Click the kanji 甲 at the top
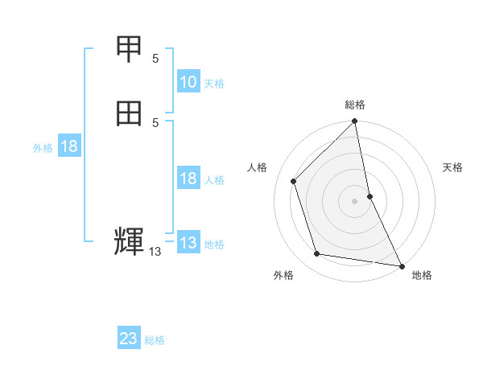pyautogui.click(x=129, y=49)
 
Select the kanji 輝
pyautogui.click(x=129, y=242)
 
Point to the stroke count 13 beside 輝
pyautogui.click(x=155, y=253)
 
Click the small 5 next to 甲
pyautogui.click(x=155, y=59)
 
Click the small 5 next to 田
pyautogui.click(x=155, y=122)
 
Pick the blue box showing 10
pyautogui.click(x=188, y=82)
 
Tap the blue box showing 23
pyautogui.click(x=129, y=339)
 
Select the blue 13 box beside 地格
pyautogui.click(x=188, y=243)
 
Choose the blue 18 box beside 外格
pyautogui.click(x=69, y=146)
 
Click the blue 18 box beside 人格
pyautogui.click(x=188, y=179)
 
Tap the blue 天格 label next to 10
pyautogui.click(x=214, y=84)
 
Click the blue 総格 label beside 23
pyautogui.click(x=155, y=340)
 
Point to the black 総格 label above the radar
pyautogui.click(x=355, y=105)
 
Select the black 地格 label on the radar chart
pyautogui.click(x=423, y=275)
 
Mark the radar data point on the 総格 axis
pyautogui.click(x=355, y=122)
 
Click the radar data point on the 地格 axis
pyautogui.click(x=402, y=265)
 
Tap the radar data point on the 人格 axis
pyautogui.click(x=294, y=181)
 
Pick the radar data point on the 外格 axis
pyautogui.click(x=317, y=254)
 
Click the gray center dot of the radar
pyautogui.click(x=355, y=201)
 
